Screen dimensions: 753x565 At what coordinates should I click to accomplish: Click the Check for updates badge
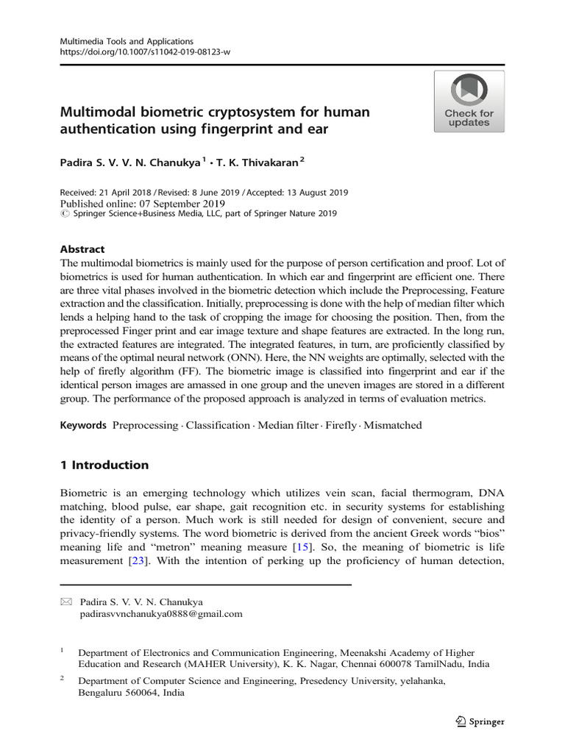469,101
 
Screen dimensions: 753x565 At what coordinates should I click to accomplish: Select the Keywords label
83,425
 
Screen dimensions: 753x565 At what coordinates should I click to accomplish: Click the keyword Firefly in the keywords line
340,425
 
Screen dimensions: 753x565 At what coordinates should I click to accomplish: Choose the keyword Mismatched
393,425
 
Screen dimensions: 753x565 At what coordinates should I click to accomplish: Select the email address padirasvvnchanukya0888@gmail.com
160,614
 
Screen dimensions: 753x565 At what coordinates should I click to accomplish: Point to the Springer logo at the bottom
479,721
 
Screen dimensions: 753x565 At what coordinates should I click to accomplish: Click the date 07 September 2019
174,204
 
